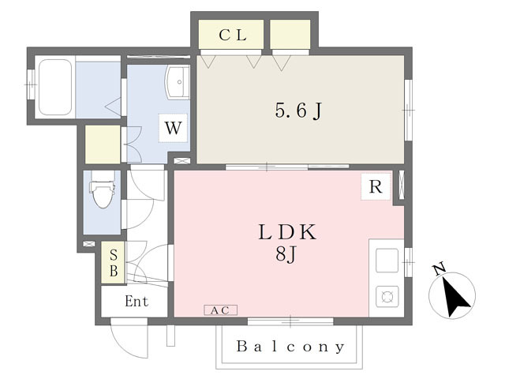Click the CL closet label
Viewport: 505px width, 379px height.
coord(233,35)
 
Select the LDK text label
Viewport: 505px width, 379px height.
coord(287,232)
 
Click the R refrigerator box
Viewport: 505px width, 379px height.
coord(376,187)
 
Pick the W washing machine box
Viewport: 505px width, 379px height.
coord(174,128)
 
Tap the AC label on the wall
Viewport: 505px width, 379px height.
coord(220,310)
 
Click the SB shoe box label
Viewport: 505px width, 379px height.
coord(113,262)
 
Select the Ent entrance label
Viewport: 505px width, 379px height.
coord(136,301)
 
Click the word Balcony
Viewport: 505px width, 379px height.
coord(290,347)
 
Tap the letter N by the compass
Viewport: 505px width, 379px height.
coord(440,270)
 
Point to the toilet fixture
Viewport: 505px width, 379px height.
coord(103,193)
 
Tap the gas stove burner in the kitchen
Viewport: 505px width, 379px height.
coord(387,297)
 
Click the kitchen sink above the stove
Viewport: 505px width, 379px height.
coord(387,260)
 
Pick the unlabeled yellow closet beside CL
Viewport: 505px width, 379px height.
coord(290,34)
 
